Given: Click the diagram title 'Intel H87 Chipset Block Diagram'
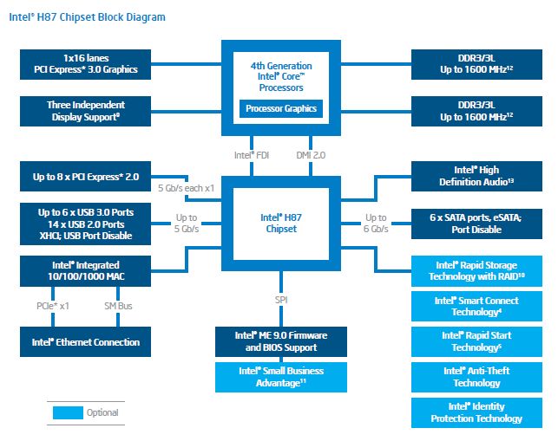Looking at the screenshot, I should (87, 17).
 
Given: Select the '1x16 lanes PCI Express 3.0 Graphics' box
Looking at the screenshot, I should (80, 62).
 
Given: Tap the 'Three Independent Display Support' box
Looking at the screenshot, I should (80, 110).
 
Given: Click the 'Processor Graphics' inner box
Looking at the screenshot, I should (281, 109).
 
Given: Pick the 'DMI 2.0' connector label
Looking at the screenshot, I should (310, 156).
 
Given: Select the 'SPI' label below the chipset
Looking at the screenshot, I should (281, 300).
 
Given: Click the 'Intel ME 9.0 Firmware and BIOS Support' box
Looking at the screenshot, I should (281, 341).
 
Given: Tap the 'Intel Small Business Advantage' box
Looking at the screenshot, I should (281, 377).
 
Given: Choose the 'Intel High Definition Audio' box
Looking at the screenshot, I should (476, 176).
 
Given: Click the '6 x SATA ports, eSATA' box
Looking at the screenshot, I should (476, 224).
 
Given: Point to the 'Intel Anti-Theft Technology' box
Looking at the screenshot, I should (476, 377).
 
